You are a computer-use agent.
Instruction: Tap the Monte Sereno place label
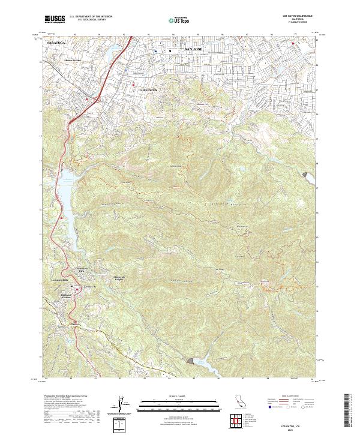pos(73,61)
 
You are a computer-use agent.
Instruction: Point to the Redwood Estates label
pos(71,296)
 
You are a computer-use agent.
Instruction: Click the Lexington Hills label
pos(52,281)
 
